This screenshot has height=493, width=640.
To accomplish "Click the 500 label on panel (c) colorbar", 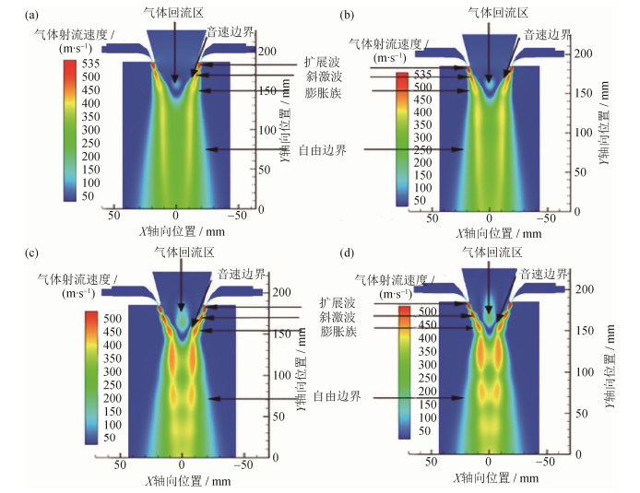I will coord(108,317).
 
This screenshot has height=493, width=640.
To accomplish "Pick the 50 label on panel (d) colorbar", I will coord(421,429).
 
